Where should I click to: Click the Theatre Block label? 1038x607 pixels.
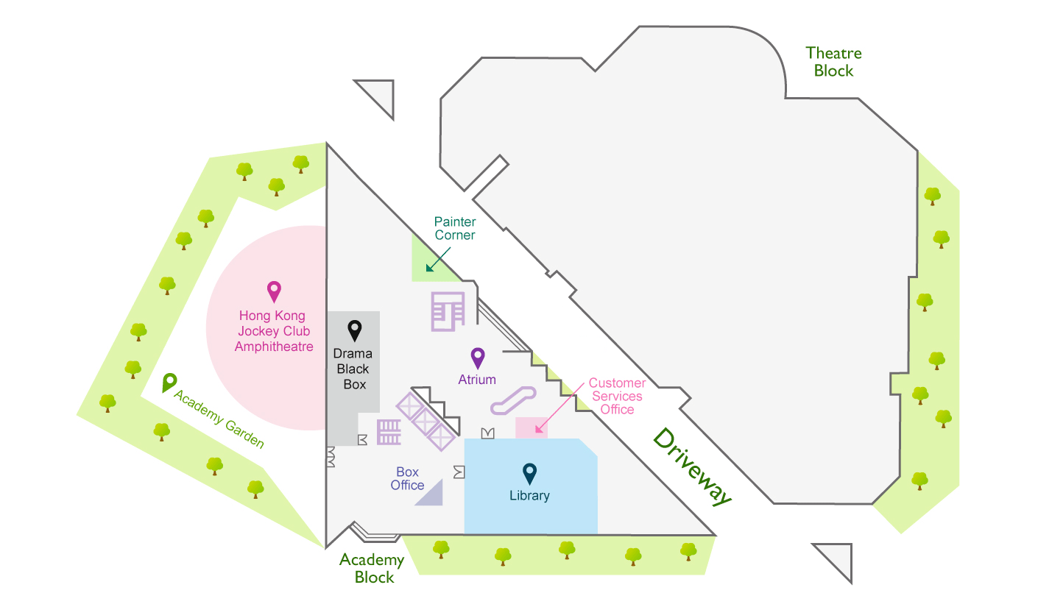[x=833, y=62]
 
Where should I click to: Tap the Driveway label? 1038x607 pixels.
[x=692, y=466]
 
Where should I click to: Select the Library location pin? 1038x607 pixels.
[x=529, y=474]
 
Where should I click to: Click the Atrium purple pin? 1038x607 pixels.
[x=478, y=358]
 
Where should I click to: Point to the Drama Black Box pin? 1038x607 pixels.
[x=355, y=330]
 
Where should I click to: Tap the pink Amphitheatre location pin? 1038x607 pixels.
[x=274, y=291]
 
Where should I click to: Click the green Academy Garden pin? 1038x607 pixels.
[x=169, y=383]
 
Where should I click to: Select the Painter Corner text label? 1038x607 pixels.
[x=455, y=228]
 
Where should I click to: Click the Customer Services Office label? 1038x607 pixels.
[x=617, y=396]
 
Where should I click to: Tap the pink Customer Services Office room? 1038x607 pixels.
[x=532, y=427]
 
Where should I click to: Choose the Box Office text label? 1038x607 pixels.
[x=407, y=478]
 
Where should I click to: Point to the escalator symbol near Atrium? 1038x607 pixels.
[x=513, y=400]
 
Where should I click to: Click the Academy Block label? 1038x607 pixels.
[x=372, y=569]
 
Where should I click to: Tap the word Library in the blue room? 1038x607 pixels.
[x=529, y=495]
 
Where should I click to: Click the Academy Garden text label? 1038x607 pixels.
[x=219, y=419]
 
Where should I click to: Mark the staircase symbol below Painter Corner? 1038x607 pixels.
[x=448, y=312]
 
